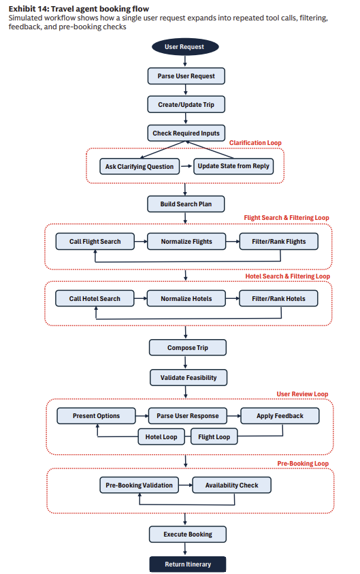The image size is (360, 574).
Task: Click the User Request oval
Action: pos(185,47)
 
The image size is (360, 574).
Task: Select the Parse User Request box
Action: pos(186,76)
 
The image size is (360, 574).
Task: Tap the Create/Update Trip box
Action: pos(186,105)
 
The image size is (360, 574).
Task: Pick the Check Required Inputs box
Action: pos(186,133)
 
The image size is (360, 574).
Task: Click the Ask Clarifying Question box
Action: pos(140,167)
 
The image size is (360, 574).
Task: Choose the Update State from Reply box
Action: pos(233,166)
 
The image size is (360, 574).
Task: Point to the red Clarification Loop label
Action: pos(255,143)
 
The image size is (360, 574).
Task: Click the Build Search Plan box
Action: pos(186,204)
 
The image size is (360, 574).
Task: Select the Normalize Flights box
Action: pos(186,242)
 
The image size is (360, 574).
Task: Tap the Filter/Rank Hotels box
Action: pos(278,299)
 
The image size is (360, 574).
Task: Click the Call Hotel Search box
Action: pos(95,299)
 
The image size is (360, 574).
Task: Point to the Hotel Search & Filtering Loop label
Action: pos(288,276)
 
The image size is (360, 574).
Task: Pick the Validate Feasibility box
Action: pos(189,378)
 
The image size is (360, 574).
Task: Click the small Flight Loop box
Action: pos(214,436)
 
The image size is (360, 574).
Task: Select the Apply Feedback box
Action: pos(280,416)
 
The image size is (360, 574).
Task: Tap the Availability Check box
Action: pos(231,485)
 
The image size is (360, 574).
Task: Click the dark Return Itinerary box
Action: pos(188,564)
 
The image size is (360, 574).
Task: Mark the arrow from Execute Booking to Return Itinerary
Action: pos(185,549)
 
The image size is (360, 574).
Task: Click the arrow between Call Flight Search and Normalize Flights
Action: pos(141,242)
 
